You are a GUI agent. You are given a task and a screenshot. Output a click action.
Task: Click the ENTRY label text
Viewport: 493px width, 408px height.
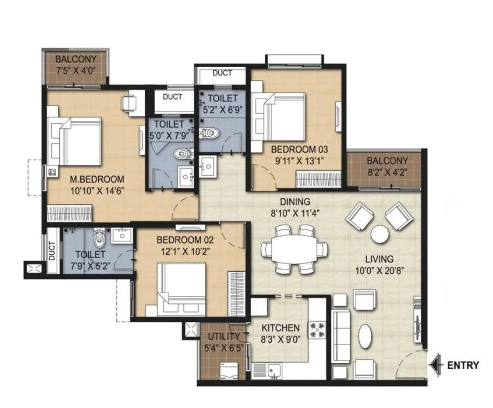point(462,365)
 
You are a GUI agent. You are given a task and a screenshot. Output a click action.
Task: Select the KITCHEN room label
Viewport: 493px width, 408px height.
point(280,328)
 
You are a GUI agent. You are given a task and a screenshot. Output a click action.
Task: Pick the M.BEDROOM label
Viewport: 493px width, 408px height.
point(98,179)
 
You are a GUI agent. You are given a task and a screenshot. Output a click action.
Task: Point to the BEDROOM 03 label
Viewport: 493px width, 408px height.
point(300,148)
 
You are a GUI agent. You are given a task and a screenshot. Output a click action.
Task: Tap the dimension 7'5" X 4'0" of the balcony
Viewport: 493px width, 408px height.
point(76,70)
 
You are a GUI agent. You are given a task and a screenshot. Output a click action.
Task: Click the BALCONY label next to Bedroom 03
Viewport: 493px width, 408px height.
point(387,161)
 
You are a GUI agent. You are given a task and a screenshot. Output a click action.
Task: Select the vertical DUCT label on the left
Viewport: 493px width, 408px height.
point(52,251)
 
